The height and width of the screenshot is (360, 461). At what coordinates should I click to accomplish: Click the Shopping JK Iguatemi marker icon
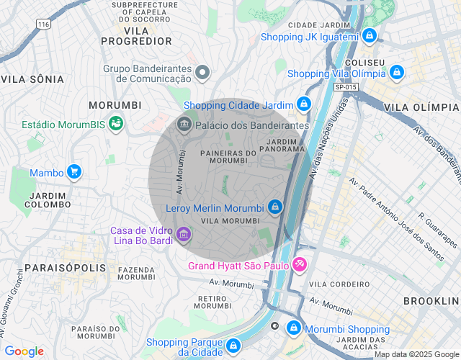pyautogui.click(x=370, y=35)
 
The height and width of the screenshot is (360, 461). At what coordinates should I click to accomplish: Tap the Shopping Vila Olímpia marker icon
pyautogui.click(x=398, y=73)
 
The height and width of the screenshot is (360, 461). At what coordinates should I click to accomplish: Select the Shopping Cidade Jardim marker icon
pyautogui.click(x=304, y=105)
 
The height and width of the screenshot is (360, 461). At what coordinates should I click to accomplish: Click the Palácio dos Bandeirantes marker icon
pyautogui.click(x=184, y=125)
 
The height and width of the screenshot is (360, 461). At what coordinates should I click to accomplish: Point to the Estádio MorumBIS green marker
pyautogui.click(x=115, y=125)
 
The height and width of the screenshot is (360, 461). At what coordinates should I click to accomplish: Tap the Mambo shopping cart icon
pyautogui.click(x=73, y=172)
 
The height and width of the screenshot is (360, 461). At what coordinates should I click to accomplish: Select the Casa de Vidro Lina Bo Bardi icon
pyautogui.click(x=183, y=235)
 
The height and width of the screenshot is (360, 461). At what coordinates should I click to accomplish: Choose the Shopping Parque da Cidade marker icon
pyautogui.click(x=233, y=346)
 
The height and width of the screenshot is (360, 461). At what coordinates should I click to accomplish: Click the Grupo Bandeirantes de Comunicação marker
pyautogui.click(x=203, y=72)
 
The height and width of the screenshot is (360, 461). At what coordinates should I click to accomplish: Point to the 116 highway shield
pyautogui.click(x=45, y=24)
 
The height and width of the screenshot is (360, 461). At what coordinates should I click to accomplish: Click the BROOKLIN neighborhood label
pyautogui.click(x=431, y=300)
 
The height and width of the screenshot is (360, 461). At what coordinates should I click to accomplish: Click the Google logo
pyautogui.click(x=24, y=351)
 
